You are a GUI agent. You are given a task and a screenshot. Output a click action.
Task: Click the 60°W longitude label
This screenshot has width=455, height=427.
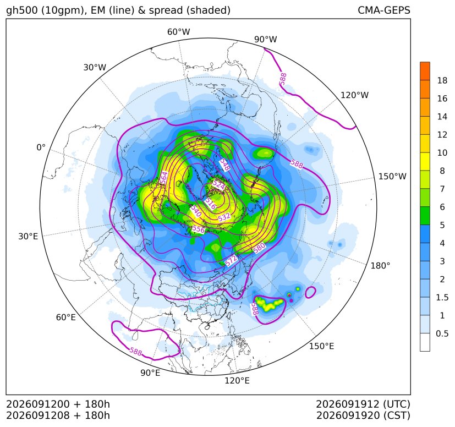point(178,32)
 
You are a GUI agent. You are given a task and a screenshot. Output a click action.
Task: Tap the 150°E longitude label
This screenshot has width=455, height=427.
point(321,346)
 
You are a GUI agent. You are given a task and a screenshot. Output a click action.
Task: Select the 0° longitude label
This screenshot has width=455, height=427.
point(41,147)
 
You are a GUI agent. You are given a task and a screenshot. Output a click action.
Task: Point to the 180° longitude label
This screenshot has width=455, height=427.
point(380,266)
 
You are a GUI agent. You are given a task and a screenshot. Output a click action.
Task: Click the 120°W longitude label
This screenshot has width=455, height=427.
point(354,95)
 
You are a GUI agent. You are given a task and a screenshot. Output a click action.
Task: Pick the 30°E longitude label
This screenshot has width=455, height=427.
point(28,236)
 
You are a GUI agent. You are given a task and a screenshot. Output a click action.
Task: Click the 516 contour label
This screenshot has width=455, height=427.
point(210,204)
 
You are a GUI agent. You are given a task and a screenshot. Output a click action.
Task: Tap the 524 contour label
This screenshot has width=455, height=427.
point(218,184)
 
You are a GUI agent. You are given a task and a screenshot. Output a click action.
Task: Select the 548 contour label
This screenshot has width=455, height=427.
point(225,165)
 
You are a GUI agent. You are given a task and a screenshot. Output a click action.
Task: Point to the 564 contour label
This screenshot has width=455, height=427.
point(164,178)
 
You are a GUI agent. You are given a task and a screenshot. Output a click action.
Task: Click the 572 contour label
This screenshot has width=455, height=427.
point(231,260)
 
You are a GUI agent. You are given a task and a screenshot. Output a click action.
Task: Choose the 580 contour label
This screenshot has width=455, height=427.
point(259,247)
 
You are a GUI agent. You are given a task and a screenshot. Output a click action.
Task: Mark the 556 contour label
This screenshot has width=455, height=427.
point(199,229)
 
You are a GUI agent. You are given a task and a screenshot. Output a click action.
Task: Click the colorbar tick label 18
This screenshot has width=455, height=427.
point(442,80)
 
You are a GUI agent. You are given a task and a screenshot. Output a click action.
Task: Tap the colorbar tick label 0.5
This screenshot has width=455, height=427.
point(442,333)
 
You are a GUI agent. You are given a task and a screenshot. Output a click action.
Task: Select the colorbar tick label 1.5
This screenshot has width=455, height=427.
point(442,297)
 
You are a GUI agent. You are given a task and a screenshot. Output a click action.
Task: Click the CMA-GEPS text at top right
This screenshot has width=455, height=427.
point(384,10)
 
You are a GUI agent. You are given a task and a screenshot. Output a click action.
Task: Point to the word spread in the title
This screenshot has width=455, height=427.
point(166,10)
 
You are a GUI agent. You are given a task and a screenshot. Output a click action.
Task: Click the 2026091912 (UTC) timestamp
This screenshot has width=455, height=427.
point(363,404)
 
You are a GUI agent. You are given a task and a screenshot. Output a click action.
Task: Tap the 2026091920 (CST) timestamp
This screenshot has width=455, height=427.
point(363,415)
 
